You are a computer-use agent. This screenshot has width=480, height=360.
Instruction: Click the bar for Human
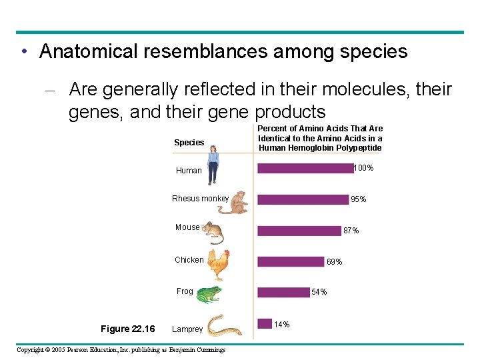click(x=305, y=169)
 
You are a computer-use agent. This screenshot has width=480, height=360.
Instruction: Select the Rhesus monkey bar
click(x=303, y=199)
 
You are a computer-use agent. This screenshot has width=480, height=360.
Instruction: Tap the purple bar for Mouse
click(x=299, y=231)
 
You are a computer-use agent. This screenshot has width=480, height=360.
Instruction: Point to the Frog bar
click(x=283, y=292)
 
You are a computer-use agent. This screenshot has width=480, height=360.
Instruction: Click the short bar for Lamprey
click(x=265, y=323)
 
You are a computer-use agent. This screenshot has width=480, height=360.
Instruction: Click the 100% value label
click(x=363, y=168)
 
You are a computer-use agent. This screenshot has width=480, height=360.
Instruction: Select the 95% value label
click(x=358, y=199)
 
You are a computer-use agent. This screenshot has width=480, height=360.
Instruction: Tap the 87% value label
click(x=351, y=231)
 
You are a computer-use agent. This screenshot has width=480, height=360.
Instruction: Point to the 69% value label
click(x=334, y=262)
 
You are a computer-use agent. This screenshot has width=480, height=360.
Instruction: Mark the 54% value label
click(x=319, y=292)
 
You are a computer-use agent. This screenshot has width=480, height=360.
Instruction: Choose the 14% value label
click(x=282, y=325)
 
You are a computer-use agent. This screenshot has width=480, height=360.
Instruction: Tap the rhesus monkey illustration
click(x=233, y=202)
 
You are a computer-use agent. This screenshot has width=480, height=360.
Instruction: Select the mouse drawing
click(x=213, y=233)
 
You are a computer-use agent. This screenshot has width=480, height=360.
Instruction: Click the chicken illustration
click(x=218, y=264)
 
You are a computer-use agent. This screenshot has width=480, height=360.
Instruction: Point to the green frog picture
click(x=208, y=294)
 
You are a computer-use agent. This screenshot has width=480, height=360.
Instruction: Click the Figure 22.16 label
click(x=127, y=329)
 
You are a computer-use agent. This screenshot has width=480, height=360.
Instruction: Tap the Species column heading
click(x=189, y=143)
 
